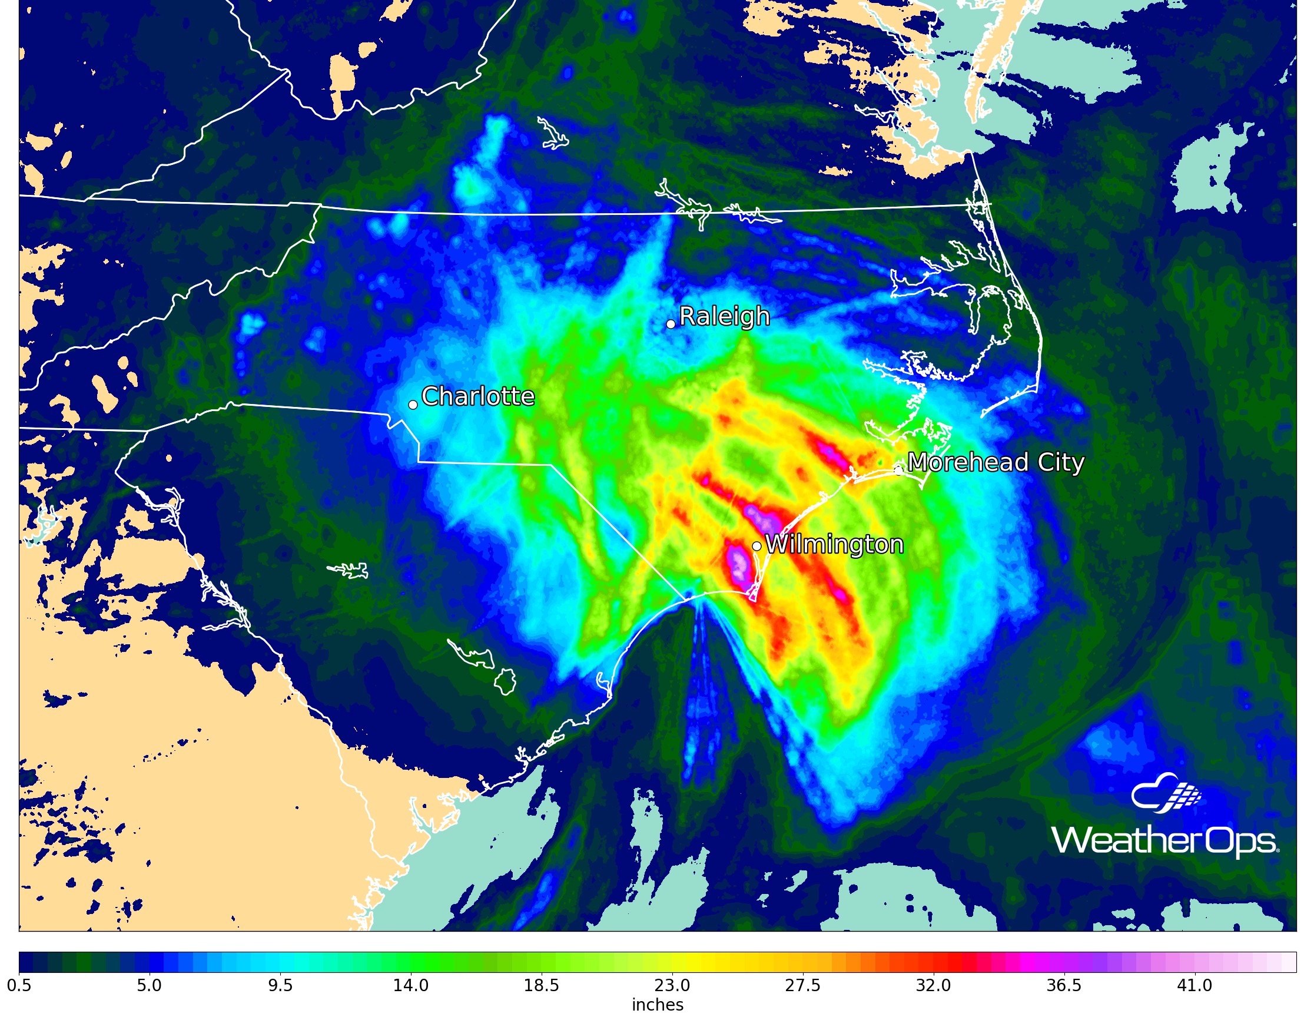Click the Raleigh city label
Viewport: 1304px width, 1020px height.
tap(724, 316)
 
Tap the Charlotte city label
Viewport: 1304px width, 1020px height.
tap(477, 396)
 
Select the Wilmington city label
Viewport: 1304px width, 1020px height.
tap(834, 545)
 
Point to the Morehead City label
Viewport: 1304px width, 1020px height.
tap(996, 463)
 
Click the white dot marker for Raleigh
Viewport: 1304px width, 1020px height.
tap(671, 324)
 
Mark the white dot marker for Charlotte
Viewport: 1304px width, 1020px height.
tap(413, 405)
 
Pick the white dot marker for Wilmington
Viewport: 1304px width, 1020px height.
tap(756, 547)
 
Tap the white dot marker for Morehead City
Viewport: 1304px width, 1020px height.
tap(898, 471)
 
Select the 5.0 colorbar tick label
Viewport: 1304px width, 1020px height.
tap(150, 985)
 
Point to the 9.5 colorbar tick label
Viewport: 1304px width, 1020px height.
tap(280, 985)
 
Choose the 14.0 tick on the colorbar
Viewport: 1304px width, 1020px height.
tap(411, 985)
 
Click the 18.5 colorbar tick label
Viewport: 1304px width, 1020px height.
tap(542, 985)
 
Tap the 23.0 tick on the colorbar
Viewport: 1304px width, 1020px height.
tap(672, 985)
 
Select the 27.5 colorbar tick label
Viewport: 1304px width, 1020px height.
tap(803, 985)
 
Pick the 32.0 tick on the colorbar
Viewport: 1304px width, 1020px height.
tap(934, 985)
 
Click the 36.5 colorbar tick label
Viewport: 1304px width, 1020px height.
tap(1064, 985)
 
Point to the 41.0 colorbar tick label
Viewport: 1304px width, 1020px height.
tap(1194, 985)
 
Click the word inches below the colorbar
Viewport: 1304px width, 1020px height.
tap(658, 1005)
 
